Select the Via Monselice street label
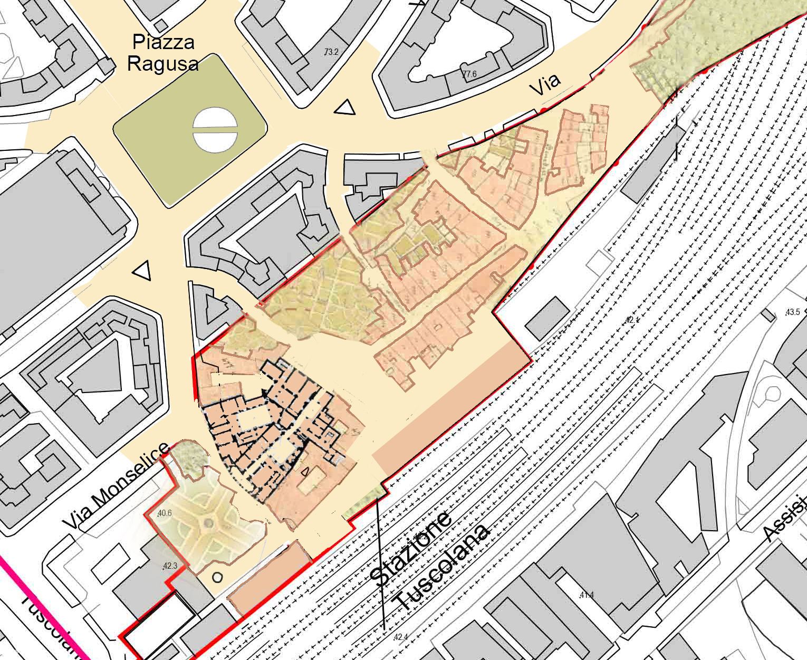point(116,486)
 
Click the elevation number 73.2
point(331,52)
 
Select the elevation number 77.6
point(469,74)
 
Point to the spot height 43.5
point(793,312)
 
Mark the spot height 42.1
point(631,320)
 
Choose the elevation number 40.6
point(164,512)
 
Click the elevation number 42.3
point(169,566)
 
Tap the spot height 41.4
point(587,596)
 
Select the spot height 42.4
point(401,637)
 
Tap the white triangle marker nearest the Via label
point(345,108)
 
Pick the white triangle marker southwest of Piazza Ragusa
point(142,271)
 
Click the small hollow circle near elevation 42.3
point(217,577)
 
